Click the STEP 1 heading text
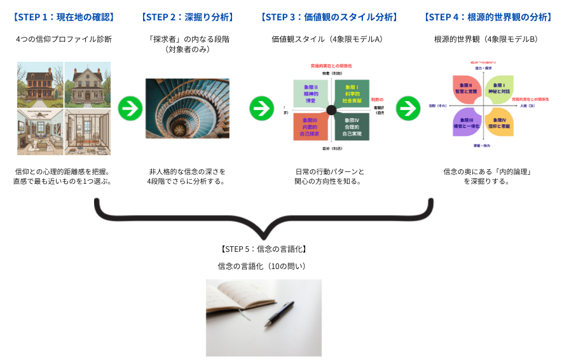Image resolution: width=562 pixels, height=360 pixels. pyautogui.click(x=63, y=17)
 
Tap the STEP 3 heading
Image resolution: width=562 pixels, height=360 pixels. pyautogui.click(x=329, y=17)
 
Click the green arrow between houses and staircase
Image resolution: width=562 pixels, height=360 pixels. pyautogui.click(x=130, y=108)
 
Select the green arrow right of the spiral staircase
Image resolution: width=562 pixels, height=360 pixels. pyautogui.click(x=261, y=108)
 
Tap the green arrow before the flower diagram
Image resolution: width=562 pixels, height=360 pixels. pyautogui.click(x=408, y=108)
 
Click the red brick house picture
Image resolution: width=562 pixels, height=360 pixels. pyautogui.click(x=40, y=84)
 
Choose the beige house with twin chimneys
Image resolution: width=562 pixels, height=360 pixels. pyautogui.click(x=88, y=84)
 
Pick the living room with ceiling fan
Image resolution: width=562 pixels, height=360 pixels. pyautogui.click(x=40, y=132)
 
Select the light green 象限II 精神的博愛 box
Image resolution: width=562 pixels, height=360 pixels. pyautogui.click(x=310, y=93)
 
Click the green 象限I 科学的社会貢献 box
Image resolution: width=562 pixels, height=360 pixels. pyautogui.click(x=352, y=93)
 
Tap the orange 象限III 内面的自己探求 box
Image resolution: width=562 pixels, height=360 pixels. pyautogui.click(x=310, y=126)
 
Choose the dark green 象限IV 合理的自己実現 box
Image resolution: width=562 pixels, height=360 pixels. pyautogui.click(x=352, y=126)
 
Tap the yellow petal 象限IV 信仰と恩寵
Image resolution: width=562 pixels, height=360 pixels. pyautogui.click(x=500, y=123)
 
